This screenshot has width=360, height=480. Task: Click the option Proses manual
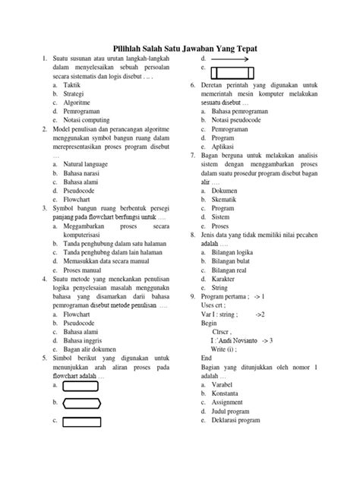(x=83, y=270)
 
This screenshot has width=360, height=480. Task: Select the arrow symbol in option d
(x=228, y=58)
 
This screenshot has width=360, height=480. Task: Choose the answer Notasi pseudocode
(x=242, y=120)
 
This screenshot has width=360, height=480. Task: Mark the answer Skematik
(x=226, y=195)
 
